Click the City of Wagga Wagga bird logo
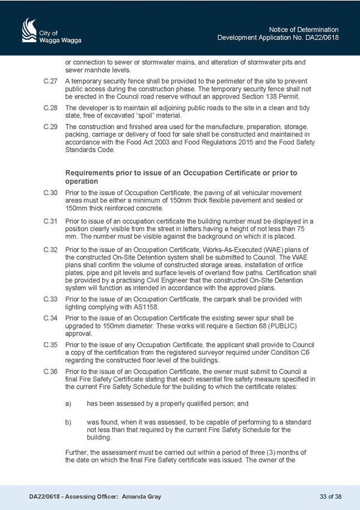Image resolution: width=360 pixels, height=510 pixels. point(29,30)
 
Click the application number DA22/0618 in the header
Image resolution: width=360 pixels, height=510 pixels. point(322,38)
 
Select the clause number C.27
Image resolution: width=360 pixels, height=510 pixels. point(50,81)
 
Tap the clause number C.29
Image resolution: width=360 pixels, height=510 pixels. point(50,127)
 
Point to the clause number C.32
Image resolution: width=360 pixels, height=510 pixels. point(50,250)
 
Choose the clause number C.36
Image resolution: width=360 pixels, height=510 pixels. point(50,372)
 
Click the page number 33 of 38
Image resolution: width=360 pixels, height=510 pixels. point(331,497)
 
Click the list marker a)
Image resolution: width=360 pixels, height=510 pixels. point(69,404)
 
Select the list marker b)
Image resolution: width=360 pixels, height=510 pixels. point(69,423)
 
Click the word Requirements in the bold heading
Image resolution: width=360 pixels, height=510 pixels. point(90,173)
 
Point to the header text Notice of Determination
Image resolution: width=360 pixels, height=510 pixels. point(304,29)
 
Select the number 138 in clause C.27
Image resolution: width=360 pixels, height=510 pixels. point(268,97)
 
